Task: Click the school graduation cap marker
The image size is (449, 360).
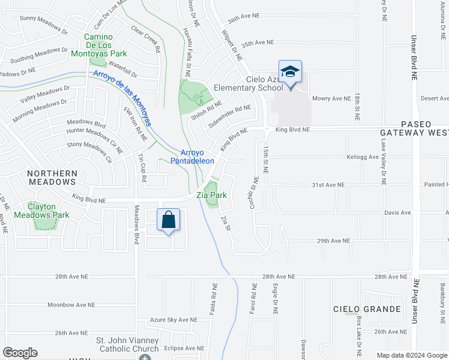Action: click(290, 73)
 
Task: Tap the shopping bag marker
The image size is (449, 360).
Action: click(169, 220)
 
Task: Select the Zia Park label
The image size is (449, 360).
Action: click(211, 195)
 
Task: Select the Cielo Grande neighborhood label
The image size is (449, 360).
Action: click(367, 309)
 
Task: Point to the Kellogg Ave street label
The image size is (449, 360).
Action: click(363, 157)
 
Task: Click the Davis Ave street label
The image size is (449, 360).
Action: click(397, 212)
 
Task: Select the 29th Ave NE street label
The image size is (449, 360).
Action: click(333, 241)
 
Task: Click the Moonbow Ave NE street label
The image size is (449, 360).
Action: click(71, 305)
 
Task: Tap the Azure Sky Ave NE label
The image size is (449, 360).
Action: click(173, 320)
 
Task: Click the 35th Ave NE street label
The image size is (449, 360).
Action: click(257, 43)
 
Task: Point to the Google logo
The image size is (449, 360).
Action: click(20, 353)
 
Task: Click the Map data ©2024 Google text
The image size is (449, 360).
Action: click(411, 355)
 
